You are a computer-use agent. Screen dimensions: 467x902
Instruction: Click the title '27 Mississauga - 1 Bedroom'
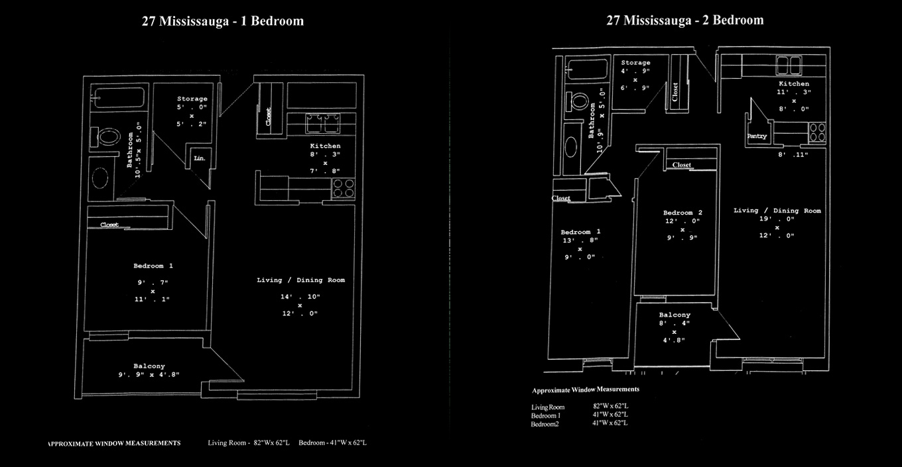click(223, 21)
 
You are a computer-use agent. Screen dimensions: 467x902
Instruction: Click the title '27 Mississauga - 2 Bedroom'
click(684, 21)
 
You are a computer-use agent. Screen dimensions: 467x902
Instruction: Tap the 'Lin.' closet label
click(199, 159)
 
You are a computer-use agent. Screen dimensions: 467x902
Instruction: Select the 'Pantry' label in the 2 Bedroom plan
click(757, 136)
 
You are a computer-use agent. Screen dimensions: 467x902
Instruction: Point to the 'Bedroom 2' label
click(682, 213)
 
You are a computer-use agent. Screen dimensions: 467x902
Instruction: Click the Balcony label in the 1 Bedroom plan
click(149, 366)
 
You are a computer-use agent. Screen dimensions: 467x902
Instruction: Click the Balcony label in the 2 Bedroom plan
click(675, 315)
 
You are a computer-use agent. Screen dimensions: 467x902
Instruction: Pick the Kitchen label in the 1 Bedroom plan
click(325, 146)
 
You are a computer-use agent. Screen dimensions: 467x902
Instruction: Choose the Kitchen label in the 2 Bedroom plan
click(794, 84)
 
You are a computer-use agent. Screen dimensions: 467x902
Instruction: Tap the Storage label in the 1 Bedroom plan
click(192, 99)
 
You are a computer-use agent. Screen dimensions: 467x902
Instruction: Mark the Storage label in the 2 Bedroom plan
click(635, 63)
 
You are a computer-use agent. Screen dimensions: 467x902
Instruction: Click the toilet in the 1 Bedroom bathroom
click(108, 138)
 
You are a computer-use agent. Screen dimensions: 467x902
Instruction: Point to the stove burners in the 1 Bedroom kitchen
click(343, 188)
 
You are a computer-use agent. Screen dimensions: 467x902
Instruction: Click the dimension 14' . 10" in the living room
click(300, 296)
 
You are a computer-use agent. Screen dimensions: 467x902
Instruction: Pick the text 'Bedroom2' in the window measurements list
click(545, 424)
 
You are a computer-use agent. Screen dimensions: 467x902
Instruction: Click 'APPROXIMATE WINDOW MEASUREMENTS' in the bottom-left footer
click(114, 442)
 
